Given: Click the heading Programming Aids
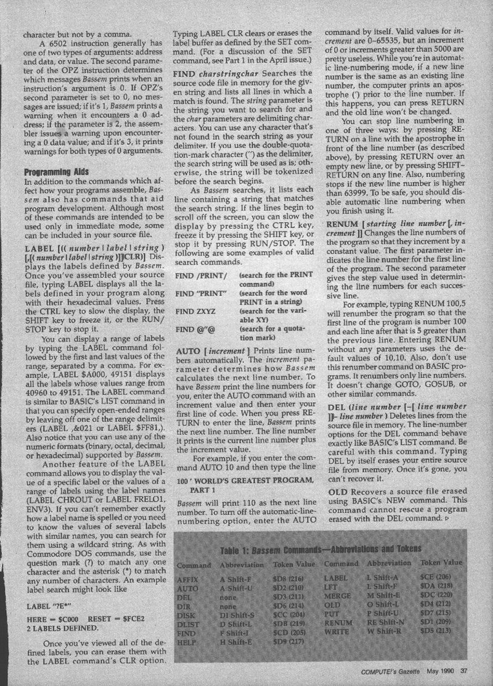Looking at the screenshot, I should click(x=55, y=171).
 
